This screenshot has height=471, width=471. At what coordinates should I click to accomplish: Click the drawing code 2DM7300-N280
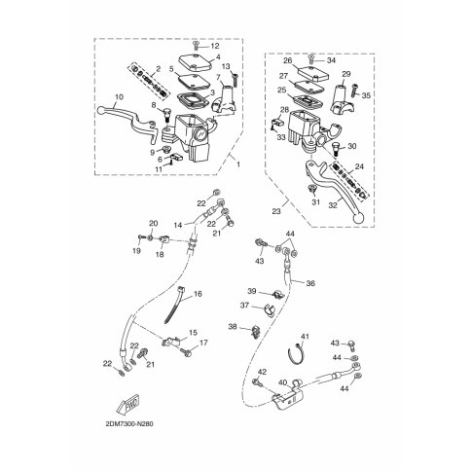(x=129, y=424)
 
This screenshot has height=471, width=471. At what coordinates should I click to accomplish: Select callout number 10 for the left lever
(x=119, y=97)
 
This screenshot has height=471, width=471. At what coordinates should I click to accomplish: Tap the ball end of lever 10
(x=101, y=111)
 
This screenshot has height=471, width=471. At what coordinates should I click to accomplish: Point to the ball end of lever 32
(x=357, y=218)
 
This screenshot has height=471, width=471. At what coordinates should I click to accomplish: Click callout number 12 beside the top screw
(x=215, y=46)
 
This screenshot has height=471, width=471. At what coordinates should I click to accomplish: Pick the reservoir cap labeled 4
(x=196, y=62)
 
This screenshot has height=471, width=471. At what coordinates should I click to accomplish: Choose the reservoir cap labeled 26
(x=313, y=74)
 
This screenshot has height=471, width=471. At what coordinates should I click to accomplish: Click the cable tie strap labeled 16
(x=174, y=305)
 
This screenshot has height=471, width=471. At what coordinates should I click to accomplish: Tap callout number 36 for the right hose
(x=310, y=283)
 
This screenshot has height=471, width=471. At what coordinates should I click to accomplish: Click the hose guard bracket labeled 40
(x=288, y=396)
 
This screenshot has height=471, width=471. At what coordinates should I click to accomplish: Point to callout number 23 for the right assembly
(x=276, y=211)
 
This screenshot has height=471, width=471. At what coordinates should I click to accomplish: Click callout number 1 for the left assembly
(x=238, y=164)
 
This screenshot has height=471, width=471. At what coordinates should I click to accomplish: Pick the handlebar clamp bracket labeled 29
(x=343, y=99)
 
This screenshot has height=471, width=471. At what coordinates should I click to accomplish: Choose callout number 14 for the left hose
(x=178, y=225)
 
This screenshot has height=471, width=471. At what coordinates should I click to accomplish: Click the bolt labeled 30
(x=336, y=150)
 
